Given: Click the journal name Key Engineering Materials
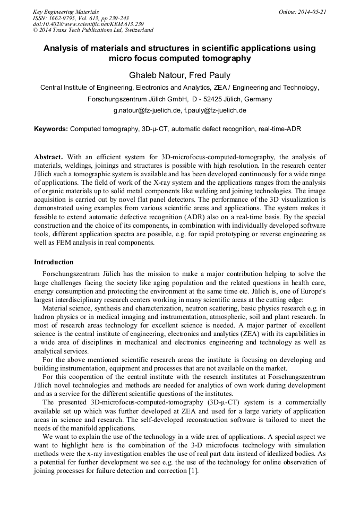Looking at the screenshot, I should click(65, 11).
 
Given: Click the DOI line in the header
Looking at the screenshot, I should click(88, 24).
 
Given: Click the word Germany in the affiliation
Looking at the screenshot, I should click(258, 99).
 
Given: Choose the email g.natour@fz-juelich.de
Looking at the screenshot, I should click(147, 111).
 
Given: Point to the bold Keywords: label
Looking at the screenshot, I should click(51, 129).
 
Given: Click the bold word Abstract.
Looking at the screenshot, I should click(48, 157).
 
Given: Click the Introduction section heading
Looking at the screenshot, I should click(54, 262).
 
